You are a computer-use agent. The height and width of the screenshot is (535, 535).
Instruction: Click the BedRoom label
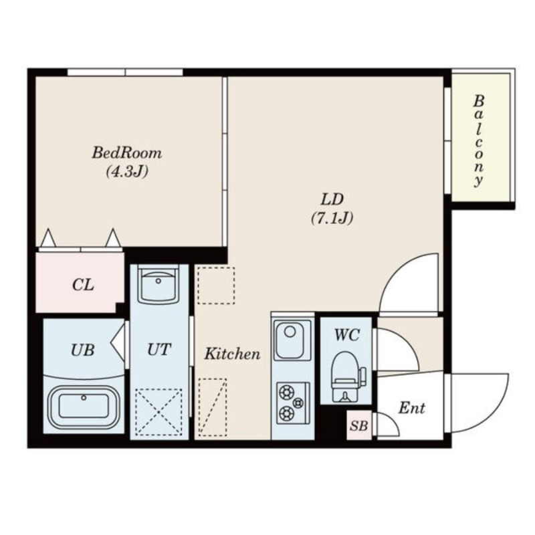coord(126,152)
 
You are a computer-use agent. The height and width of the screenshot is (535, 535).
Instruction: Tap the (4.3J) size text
coord(126,171)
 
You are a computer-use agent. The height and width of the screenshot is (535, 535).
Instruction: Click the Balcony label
coord(478,141)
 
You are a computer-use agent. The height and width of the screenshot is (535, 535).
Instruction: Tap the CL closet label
coord(83,285)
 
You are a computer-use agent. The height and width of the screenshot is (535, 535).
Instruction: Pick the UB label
coord(82,349)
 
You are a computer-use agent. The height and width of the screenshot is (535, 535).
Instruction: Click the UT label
coord(159,349)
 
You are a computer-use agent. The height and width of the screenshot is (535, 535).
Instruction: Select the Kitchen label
coord(231,354)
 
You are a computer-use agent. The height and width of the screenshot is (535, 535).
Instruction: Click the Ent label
coord(411,408)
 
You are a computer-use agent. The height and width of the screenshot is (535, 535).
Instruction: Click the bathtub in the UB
coord(84,406)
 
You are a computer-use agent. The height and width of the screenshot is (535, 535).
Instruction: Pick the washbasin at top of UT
coord(159,286)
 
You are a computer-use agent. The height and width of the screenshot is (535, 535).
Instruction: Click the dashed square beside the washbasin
coord(216,286)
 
